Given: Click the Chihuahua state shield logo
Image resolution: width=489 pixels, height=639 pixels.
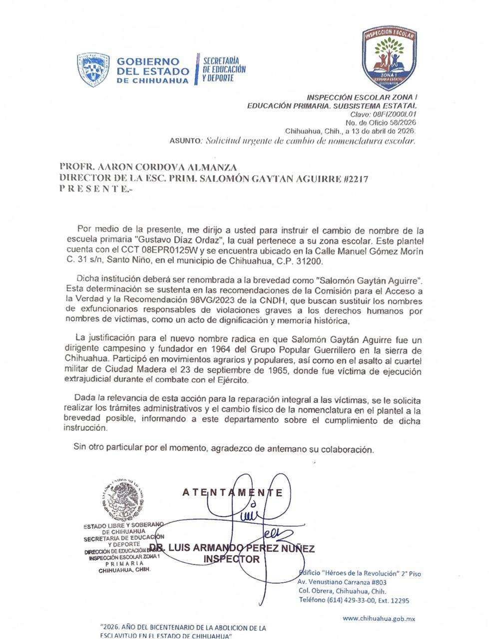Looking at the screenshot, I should [93, 70].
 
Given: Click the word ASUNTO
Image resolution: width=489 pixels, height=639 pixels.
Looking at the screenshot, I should [185, 141].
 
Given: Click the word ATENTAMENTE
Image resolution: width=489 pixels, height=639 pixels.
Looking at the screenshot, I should [233, 493].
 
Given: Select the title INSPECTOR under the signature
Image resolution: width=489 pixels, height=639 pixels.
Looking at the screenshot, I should [232, 559].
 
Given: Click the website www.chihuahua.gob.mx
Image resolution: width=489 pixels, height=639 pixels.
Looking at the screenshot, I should [379, 619].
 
